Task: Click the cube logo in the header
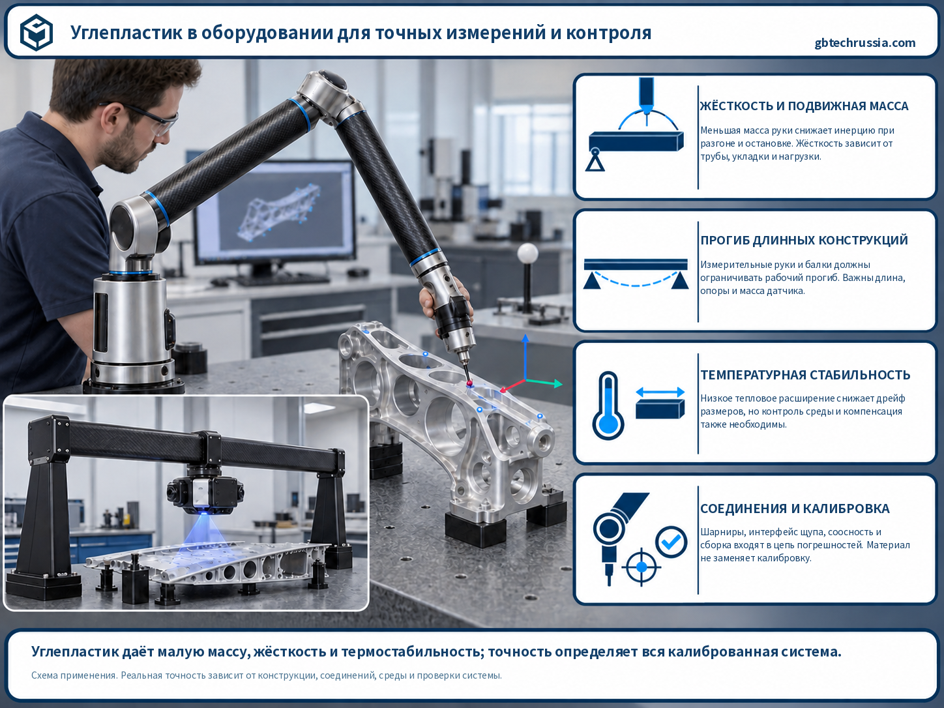[x=37, y=32]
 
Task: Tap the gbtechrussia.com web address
[x=865, y=43]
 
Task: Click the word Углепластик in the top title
[x=126, y=33]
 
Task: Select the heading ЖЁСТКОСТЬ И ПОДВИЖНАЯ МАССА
[x=804, y=106]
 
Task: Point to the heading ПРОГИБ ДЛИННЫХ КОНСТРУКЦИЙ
[x=804, y=240]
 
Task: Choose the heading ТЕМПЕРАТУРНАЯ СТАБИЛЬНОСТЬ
[x=805, y=375]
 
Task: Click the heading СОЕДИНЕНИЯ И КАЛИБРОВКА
[x=795, y=509]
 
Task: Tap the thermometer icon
[x=608, y=405]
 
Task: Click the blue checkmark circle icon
[x=671, y=542]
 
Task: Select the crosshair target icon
[x=642, y=567]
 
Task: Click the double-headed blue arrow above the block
[x=660, y=392]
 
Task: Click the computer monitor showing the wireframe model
[x=275, y=211]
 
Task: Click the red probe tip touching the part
[x=469, y=383]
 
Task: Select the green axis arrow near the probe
[x=544, y=383]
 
